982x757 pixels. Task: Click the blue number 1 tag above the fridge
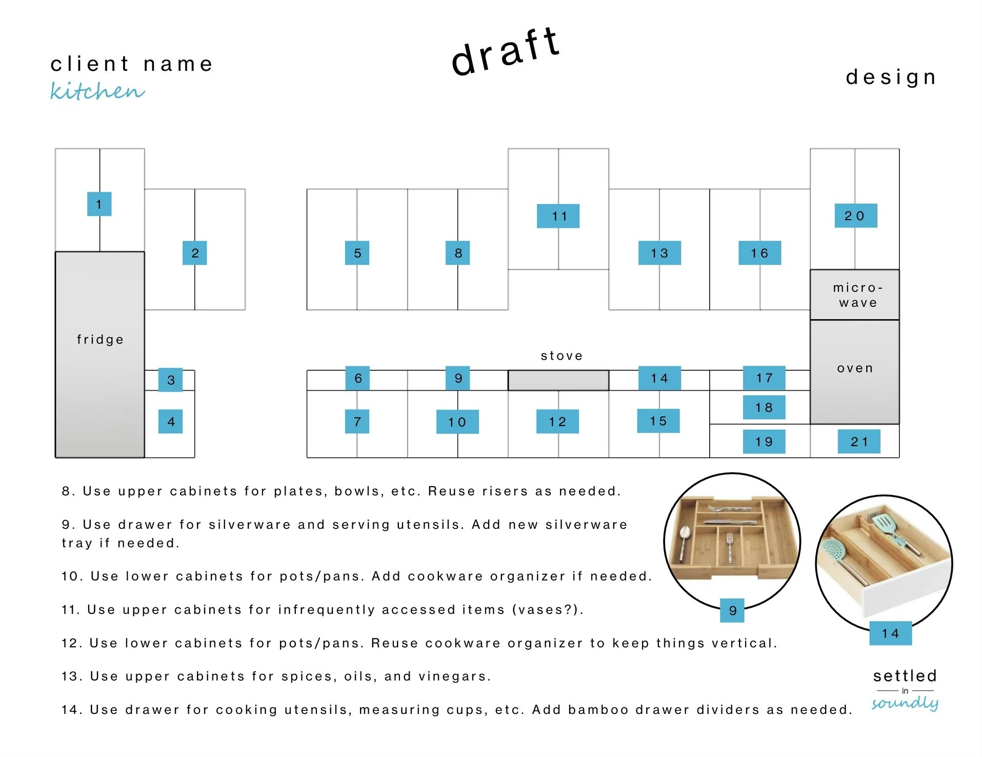point(99,204)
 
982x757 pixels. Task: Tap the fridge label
point(100,340)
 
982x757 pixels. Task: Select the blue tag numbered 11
point(558,216)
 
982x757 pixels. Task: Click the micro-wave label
point(857,295)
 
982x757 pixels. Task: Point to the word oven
point(854,368)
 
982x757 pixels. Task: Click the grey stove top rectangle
point(558,381)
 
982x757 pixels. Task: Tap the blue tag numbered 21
point(858,442)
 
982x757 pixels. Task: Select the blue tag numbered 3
point(170,380)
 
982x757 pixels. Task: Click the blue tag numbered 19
point(764,442)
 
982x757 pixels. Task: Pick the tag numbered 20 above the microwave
point(855,216)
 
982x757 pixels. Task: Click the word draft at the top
point(505,51)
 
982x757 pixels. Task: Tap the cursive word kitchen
point(97,91)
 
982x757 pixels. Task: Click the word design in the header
point(891,77)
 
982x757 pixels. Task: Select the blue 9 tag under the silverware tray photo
point(732,610)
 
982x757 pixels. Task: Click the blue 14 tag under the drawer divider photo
point(890,633)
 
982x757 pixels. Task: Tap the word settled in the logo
point(905,675)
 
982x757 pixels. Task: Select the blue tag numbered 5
point(357,253)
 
